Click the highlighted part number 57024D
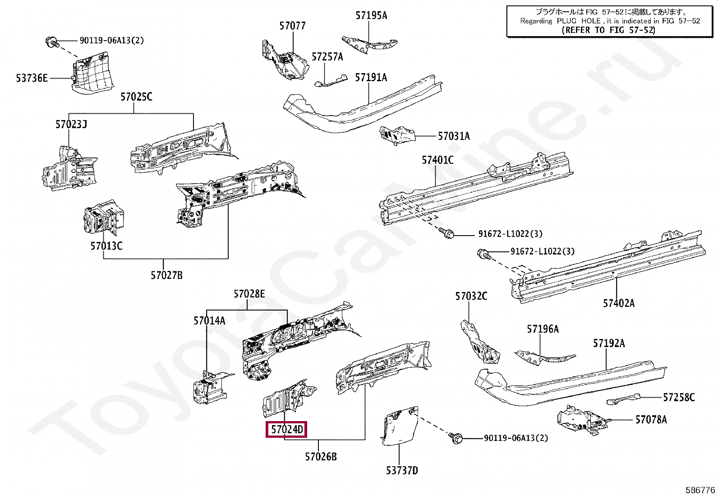pos(287,429)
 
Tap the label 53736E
pos(32,78)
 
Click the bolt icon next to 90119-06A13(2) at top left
pos(51,42)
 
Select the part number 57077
pos(292,26)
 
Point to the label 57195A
pos(371,15)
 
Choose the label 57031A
pos(454,136)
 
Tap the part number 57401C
pos(437,160)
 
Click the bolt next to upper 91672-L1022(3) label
pos(447,233)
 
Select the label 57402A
pos(618,303)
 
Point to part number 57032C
pos(471,296)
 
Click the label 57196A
pos(543,329)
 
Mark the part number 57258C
pos(678,397)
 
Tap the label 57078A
pos(651,420)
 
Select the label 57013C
pos(106,246)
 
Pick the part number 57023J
pos(71,124)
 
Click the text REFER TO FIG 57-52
pos(608,30)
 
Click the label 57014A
pos(209,321)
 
